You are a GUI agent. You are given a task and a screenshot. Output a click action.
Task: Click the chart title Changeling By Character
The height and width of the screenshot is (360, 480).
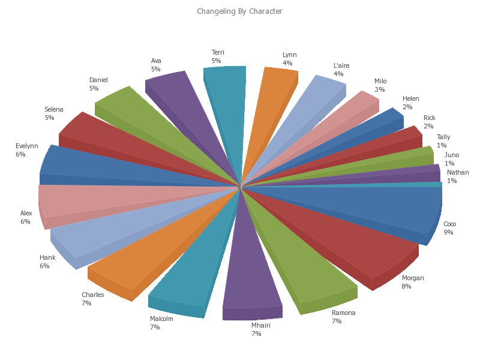tap(239, 11)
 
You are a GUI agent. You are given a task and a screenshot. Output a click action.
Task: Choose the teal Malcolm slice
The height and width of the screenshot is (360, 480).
tap(192, 264)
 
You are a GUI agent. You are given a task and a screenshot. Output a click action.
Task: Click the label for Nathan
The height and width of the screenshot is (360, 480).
tap(458, 173)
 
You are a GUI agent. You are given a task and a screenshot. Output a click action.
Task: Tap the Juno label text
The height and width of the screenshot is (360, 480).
tap(452, 155)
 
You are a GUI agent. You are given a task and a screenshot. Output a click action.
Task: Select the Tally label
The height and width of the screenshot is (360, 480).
tap(443, 137)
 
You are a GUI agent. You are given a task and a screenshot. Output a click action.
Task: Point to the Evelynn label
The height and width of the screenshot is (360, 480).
tap(27, 146)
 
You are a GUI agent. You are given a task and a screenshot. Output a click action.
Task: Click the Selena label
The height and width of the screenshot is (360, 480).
tap(54, 109)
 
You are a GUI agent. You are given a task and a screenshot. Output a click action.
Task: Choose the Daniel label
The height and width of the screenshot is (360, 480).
tap(98, 80)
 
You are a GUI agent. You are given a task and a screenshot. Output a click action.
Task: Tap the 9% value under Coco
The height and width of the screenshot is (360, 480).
tap(448, 233)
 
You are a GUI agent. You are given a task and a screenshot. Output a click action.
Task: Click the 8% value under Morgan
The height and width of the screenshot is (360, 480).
tap(406, 287)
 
